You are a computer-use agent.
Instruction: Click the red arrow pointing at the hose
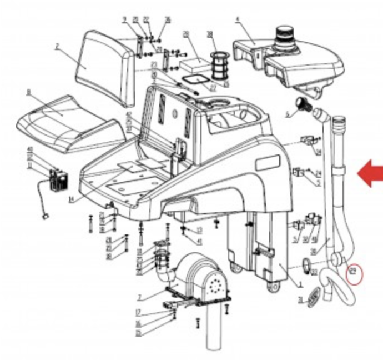tap(370, 175)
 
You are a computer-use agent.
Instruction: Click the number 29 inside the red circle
tap(352, 273)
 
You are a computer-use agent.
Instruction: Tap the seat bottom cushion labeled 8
tap(67, 122)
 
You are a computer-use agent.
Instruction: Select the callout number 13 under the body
tap(199, 230)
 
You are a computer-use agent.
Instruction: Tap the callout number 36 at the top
tap(168, 21)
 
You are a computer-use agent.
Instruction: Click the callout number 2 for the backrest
tap(57, 47)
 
